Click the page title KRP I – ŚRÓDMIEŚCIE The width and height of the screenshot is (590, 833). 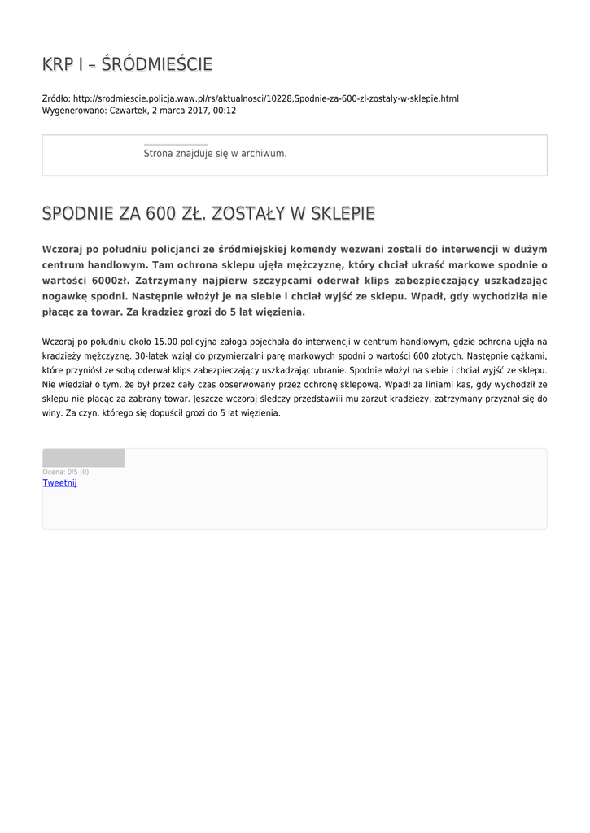[127, 64]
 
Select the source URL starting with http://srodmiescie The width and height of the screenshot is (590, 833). [265, 99]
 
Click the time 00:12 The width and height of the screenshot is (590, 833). [225, 111]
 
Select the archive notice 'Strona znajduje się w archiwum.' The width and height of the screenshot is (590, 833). [215, 153]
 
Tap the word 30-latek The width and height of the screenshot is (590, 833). [152, 356]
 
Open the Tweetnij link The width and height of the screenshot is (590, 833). [59, 482]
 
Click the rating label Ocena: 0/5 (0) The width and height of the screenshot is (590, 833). [66, 472]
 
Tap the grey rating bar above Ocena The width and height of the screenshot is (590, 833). [83, 458]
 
